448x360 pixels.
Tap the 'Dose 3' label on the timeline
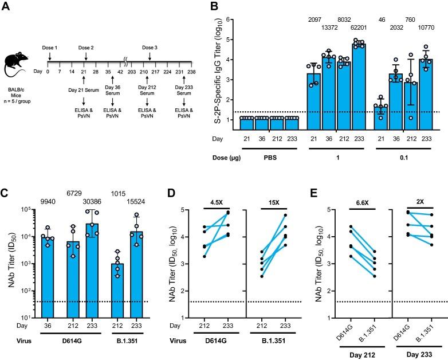point(150,49)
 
